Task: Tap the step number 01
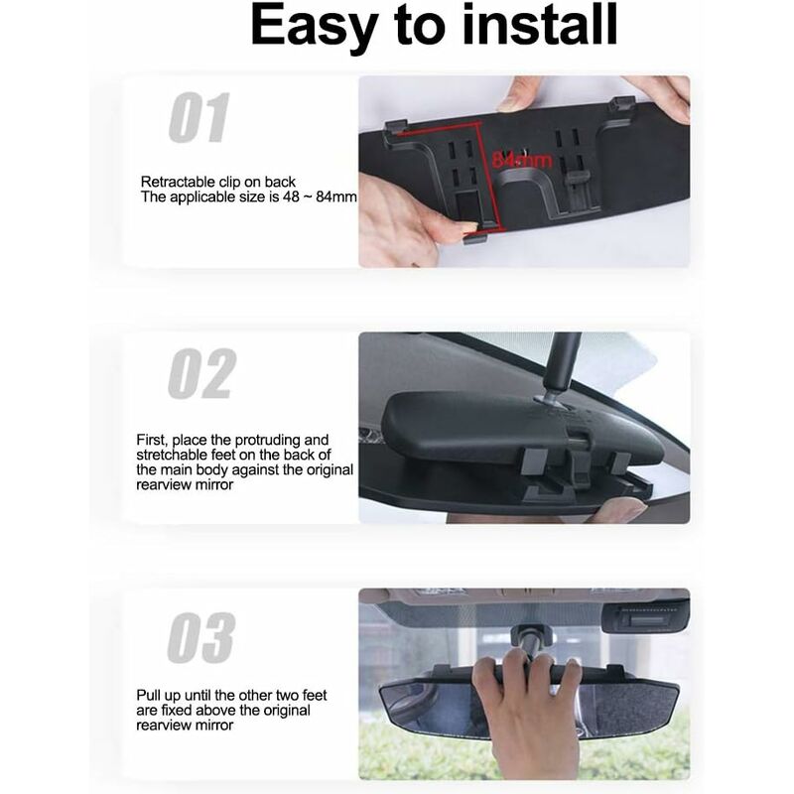198,119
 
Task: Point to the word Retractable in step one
175,182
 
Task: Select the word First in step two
152,439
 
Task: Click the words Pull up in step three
160,696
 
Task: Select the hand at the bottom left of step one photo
397,218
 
